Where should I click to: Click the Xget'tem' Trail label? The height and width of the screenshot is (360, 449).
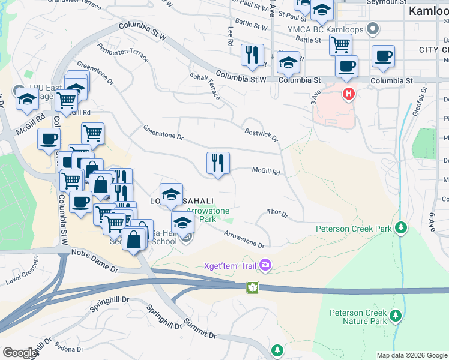click(232, 265)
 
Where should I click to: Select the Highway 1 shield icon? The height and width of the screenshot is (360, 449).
click(254, 287)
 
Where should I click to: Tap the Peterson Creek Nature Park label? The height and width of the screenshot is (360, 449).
click(358, 317)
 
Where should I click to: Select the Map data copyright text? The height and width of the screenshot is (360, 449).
click(411, 355)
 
